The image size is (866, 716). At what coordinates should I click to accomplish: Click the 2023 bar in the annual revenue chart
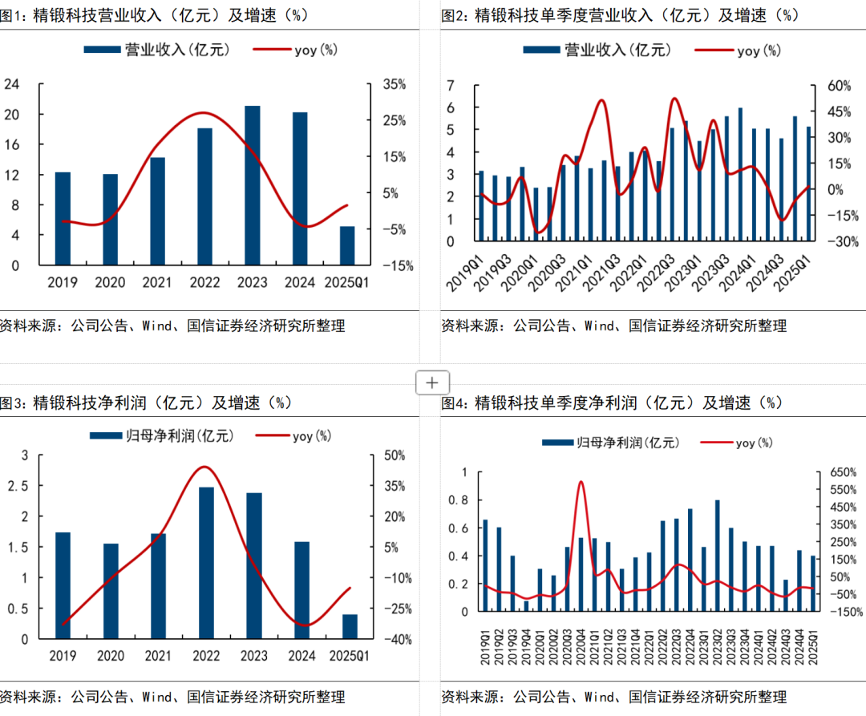pos(252,185)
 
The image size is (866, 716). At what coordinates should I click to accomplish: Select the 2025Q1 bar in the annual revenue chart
pos(346,245)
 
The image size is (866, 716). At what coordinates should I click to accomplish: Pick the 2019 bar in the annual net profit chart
pos(63,585)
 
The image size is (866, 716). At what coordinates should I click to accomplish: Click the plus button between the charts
pos(432,382)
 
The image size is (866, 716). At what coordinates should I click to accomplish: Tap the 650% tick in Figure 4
pos(832,472)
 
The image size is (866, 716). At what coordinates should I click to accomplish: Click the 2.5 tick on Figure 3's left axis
pos(16,486)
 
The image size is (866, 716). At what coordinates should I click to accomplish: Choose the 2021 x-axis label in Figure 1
pos(156,282)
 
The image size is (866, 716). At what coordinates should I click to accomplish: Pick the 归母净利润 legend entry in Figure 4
pos(610,443)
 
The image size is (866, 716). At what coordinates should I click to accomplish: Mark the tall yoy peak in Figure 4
pos(581,482)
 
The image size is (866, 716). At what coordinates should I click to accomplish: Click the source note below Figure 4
pos(613,696)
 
